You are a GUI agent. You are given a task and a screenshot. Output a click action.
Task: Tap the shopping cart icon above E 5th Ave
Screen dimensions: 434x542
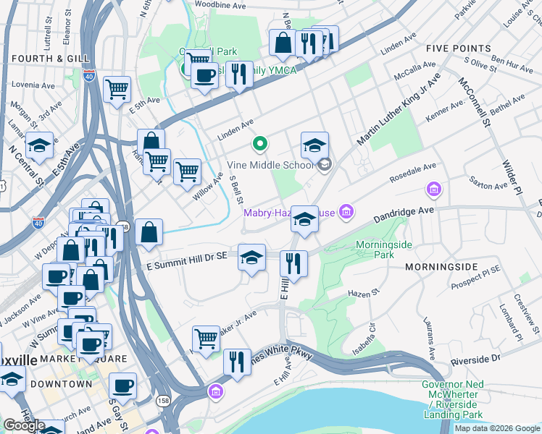tap(117, 89)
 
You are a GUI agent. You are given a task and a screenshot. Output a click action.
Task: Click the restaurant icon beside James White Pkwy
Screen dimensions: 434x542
tap(237, 361)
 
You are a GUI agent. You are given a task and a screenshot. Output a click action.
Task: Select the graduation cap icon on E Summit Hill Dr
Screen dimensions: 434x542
tap(251, 258)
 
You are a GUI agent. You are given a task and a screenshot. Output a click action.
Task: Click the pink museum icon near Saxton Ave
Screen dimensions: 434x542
tap(434, 190)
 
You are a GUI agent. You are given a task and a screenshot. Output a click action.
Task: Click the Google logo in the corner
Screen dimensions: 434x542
tap(24, 425)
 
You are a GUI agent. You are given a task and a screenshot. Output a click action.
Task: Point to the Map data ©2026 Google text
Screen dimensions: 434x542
tap(496, 428)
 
